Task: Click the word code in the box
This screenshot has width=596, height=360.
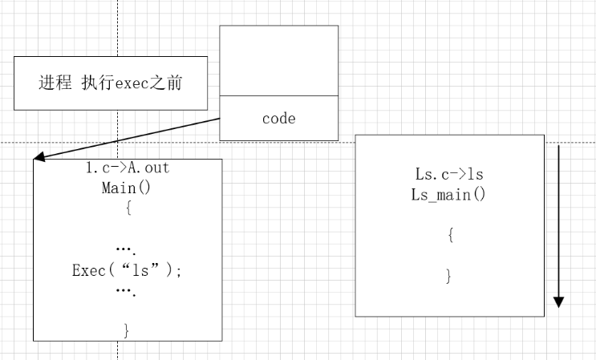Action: tap(278, 119)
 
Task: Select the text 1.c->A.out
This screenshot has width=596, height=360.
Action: tap(128, 168)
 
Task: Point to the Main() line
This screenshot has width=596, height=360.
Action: tap(127, 188)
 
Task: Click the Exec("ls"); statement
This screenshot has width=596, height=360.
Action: tap(127, 270)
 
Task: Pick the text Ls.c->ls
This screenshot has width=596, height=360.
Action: tap(449, 174)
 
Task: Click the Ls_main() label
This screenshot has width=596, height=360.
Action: tap(449, 194)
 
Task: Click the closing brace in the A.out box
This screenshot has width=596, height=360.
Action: tap(127, 329)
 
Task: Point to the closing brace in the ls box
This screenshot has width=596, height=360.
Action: tap(449, 276)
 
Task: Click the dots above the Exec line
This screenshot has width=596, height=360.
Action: tap(127, 250)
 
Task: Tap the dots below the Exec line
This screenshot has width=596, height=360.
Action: tap(127, 291)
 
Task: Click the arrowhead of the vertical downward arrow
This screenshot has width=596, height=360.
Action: tap(559, 301)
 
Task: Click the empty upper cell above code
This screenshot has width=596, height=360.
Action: tap(278, 60)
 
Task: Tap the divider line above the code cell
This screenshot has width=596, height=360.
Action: tap(278, 95)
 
